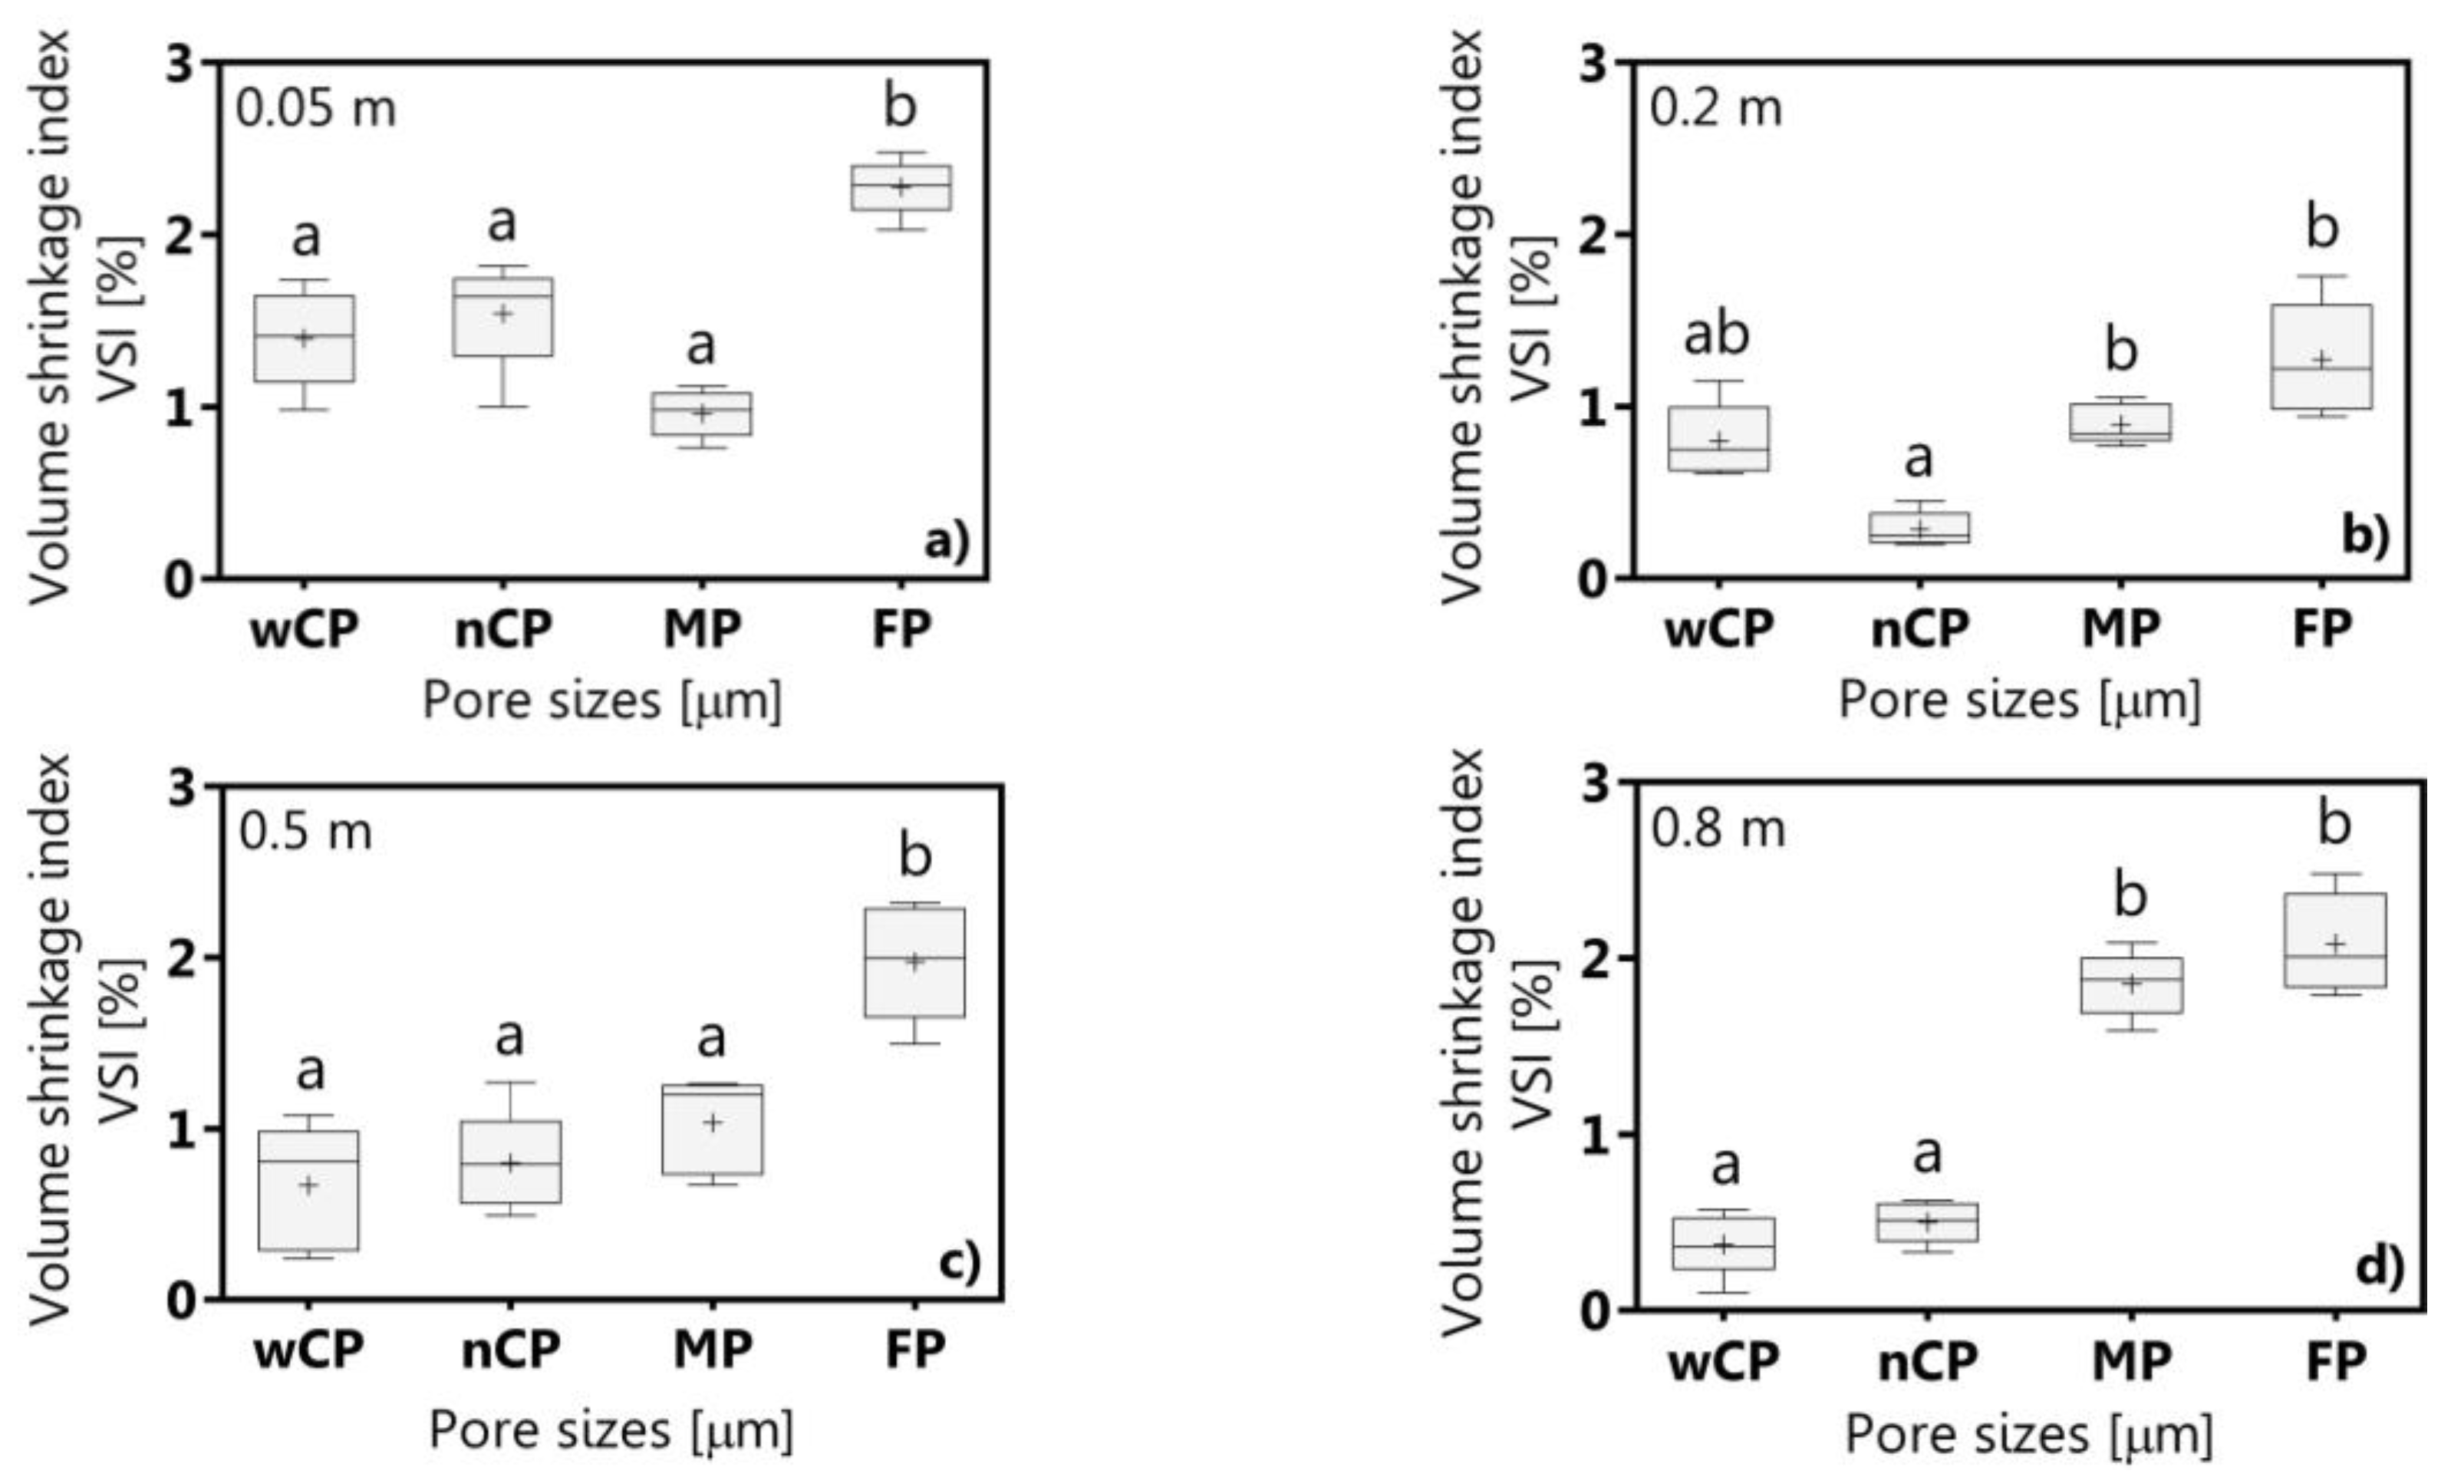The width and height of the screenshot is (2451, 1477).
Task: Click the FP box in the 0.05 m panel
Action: (900, 187)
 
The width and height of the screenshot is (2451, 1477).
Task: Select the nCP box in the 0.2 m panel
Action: (1919, 527)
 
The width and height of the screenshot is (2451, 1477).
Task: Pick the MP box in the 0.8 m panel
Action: (2130, 984)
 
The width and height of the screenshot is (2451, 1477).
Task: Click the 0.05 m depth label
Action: (315, 107)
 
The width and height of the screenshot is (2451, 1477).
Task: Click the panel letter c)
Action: (959, 1261)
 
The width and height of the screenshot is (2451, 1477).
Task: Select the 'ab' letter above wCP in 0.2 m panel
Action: (1716, 335)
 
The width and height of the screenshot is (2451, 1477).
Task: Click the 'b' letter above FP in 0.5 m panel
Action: (915, 856)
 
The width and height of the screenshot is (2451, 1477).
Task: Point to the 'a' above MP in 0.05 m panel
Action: (700, 346)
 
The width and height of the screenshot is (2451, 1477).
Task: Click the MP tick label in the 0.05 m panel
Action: (702, 628)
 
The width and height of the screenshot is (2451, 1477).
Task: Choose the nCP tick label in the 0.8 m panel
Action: (1927, 1360)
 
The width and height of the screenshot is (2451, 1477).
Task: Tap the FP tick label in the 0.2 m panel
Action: (2321, 628)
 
